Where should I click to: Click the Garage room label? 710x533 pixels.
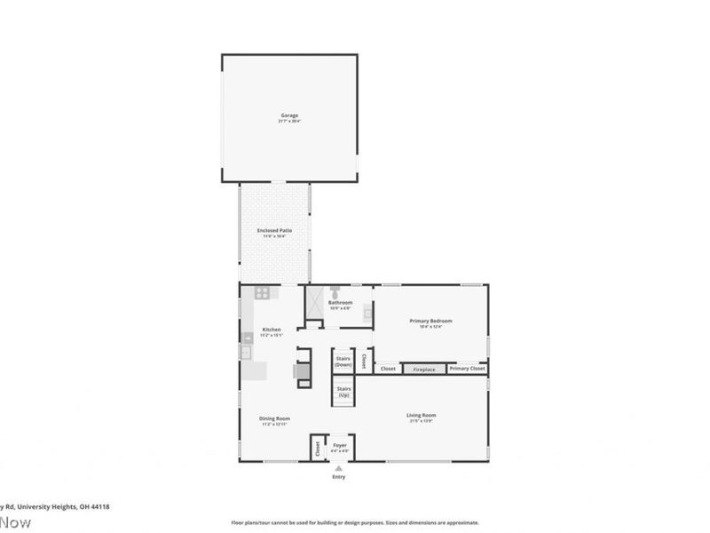click(x=289, y=115)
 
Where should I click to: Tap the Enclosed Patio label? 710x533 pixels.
click(x=274, y=231)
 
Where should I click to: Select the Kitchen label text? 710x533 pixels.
click(x=271, y=330)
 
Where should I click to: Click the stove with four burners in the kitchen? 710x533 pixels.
click(x=263, y=292)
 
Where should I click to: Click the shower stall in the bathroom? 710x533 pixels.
click(x=314, y=303)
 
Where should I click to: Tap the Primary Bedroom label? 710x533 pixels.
click(x=430, y=322)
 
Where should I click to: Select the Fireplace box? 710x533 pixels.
click(x=423, y=369)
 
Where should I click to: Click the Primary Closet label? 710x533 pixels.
click(x=467, y=369)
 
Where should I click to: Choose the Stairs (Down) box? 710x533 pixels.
click(x=343, y=361)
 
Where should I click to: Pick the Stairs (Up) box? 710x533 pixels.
click(x=343, y=392)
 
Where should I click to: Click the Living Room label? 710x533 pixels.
click(x=421, y=416)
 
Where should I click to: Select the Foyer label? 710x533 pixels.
click(x=339, y=445)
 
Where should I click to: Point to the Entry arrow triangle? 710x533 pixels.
click(x=338, y=467)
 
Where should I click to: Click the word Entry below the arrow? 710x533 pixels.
click(x=338, y=477)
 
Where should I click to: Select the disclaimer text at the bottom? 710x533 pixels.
click(x=355, y=522)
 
